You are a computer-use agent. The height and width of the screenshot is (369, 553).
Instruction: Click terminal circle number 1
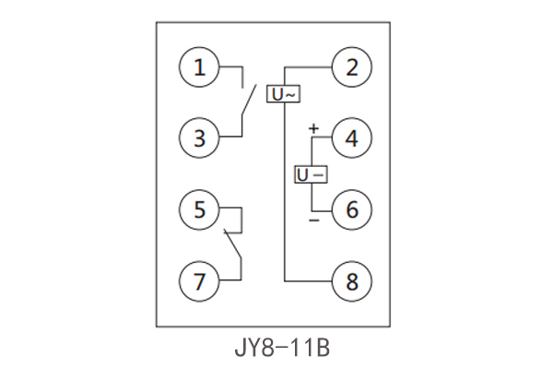[x=200, y=67]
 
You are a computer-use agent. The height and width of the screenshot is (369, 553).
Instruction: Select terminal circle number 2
[x=351, y=67]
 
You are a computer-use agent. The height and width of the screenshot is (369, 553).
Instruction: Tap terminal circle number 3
[x=200, y=138]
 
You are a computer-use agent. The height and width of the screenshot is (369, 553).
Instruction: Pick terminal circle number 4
[x=351, y=138]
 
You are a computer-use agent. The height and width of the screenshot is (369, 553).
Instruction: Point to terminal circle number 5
[x=200, y=209]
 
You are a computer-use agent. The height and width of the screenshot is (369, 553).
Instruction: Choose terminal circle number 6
[x=351, y=209]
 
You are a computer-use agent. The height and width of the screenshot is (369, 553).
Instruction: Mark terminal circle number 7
[x=200, y=280]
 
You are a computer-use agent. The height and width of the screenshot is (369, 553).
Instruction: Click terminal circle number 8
[x=351, y=280]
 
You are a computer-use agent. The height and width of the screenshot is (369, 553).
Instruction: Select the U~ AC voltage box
[x=284, y=93]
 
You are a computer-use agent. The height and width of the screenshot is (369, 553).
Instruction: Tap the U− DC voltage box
[x=311, y=174]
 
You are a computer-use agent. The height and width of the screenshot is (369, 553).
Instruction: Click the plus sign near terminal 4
[x=313, y=128]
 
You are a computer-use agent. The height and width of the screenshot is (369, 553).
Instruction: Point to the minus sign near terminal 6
[x=313, y=220]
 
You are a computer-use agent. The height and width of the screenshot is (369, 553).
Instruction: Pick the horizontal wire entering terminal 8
[x=308, y=280]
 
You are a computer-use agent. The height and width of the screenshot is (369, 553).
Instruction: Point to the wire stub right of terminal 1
[x=231, y=67]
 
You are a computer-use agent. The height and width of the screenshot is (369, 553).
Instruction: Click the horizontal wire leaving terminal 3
[x=230, y=138]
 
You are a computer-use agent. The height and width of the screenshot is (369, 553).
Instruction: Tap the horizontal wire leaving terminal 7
[x=230, y=280]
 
